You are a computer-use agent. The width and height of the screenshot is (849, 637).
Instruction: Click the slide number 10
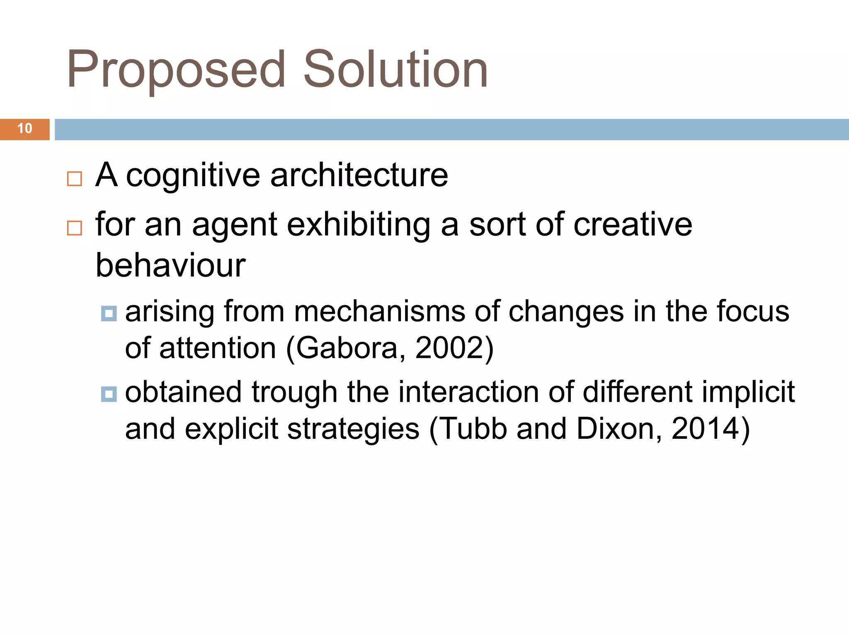click(x=25, y=129)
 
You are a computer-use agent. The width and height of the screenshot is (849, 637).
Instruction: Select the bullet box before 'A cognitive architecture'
click(x=75, y=179)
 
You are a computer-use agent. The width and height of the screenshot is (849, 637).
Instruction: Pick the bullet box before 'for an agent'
click(x=75, y=228)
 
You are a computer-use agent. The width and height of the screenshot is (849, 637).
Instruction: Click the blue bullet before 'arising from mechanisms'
click(x=109, y=314)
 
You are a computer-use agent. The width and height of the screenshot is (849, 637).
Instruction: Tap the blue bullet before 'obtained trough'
click(x=109, y=394)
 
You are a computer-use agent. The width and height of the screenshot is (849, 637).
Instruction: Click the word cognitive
click(x=193, y=176)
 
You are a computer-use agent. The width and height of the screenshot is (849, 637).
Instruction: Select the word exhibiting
click(x=359, y=225)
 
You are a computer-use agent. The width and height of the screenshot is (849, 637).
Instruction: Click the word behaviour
click(x=170, y=265)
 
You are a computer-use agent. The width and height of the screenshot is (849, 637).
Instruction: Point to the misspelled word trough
click(x=294, y=393)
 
